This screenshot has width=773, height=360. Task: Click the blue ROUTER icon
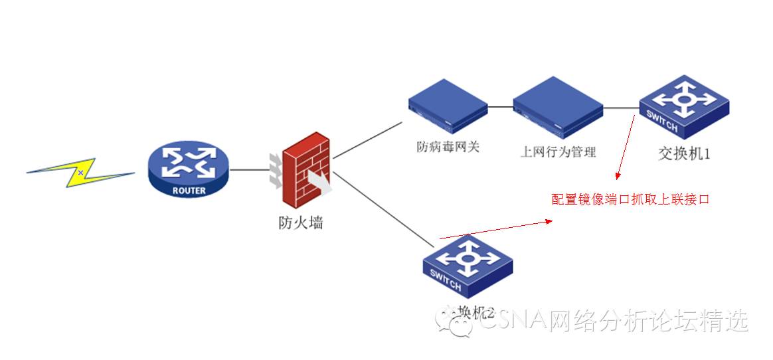coord(188,170)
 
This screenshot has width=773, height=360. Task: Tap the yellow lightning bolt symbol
coord(80,173)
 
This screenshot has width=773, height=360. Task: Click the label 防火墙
coord(301,223)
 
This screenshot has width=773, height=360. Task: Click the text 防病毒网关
coord(448,147)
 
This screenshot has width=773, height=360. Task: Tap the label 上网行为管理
coord(558,151)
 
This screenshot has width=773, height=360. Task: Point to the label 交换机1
coord(684,153)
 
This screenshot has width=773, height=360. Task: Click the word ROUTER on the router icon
coord(189,190)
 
